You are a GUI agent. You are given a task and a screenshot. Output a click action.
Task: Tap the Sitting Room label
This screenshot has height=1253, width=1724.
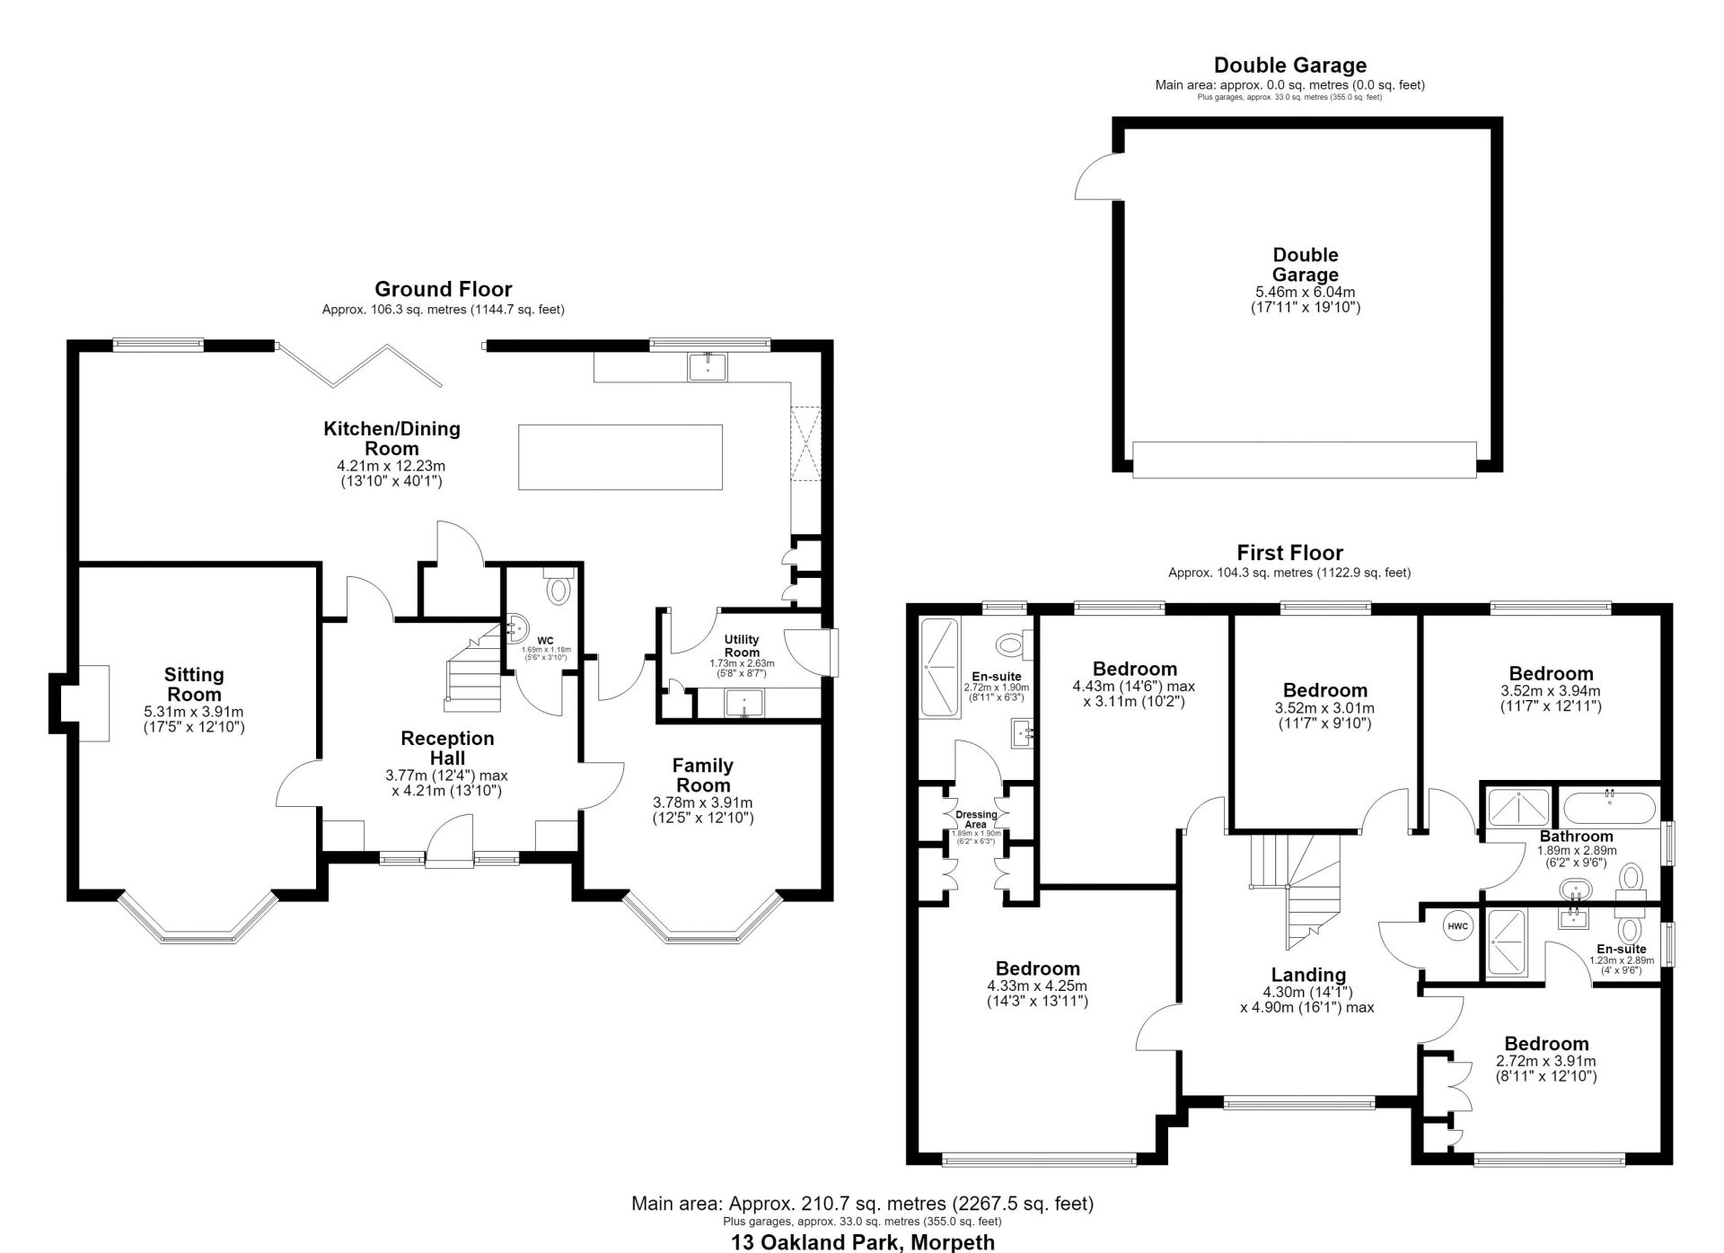point(194,684)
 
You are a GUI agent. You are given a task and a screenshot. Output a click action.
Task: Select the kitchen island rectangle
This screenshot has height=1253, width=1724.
point(620,457)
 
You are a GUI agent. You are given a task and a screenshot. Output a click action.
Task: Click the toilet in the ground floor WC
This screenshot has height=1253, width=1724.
point(559,587)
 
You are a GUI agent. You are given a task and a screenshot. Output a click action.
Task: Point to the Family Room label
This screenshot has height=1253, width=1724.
point(703,775)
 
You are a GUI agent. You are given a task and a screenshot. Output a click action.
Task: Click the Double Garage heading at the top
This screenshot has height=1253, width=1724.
point(1290,65)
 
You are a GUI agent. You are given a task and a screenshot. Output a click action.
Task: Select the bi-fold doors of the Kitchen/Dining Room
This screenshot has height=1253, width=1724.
point(359,364)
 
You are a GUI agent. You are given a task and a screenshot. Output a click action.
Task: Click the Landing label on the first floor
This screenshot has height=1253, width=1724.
point(1308,975)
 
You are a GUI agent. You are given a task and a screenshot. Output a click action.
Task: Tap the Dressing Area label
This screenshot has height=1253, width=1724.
point(976,819)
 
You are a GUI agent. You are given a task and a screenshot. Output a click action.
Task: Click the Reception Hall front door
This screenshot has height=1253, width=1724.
point(449,844)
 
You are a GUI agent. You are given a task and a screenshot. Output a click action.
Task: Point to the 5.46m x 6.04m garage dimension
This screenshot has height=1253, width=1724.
point(1305,292)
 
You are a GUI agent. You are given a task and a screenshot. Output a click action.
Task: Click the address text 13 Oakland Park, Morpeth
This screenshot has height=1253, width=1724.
point(863,1242)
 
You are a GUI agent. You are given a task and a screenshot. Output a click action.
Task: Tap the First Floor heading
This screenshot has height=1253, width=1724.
point(1289,552)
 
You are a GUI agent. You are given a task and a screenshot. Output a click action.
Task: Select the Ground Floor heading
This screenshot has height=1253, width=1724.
point(444,289)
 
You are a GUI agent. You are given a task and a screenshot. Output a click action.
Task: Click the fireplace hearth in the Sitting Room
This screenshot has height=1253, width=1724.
point(93,703)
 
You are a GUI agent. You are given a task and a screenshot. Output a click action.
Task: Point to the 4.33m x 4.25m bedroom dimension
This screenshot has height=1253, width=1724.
point(1037,986)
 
